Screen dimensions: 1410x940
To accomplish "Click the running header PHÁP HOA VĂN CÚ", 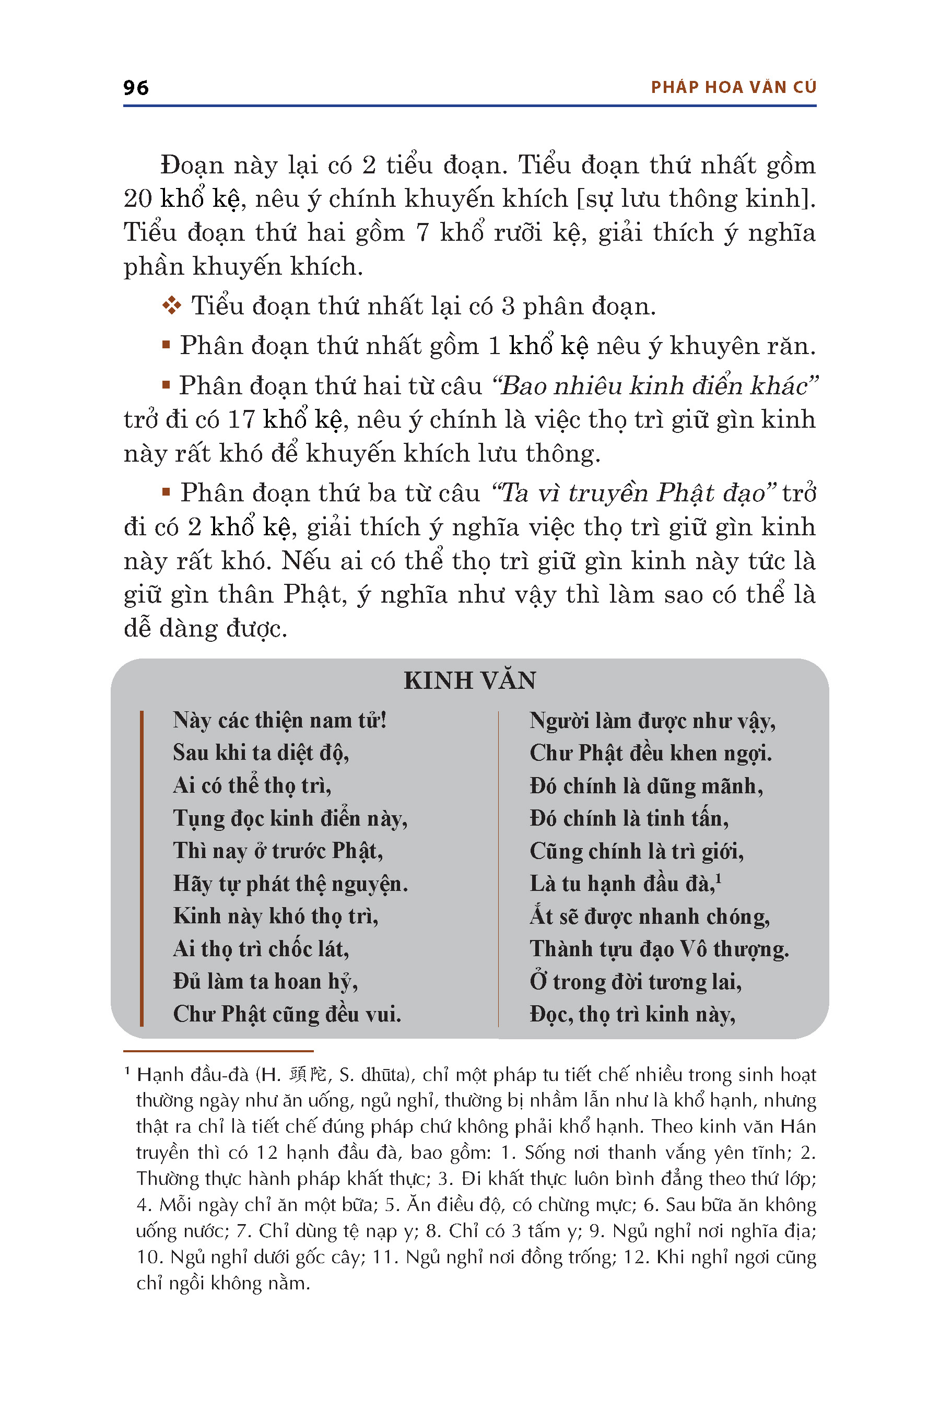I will tap(733, 88).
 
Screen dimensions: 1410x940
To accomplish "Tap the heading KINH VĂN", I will tap(469, 680).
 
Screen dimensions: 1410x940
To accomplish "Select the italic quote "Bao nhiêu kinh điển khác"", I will tap(655, 386).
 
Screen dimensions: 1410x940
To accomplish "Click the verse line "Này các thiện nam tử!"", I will tap(279, 720).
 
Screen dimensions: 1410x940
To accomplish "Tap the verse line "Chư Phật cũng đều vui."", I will tap(287, 1014).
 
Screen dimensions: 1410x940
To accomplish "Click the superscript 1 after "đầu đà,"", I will tap(718, 878).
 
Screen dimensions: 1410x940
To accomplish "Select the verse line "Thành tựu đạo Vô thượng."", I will tap(659, 949).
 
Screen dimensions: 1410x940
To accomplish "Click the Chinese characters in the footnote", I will tap(308, 1075).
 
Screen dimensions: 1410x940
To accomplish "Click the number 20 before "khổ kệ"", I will tap(138, 199).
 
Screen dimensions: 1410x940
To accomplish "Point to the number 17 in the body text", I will tap(242, 420).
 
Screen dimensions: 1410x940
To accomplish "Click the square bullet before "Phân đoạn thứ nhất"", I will tap(166, 345).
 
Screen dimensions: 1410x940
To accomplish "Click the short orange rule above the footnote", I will tap(218, 1051).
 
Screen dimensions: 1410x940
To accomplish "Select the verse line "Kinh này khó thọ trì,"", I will tap(276, 916).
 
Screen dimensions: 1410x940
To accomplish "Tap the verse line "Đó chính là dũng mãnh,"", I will tap(645, 786).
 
